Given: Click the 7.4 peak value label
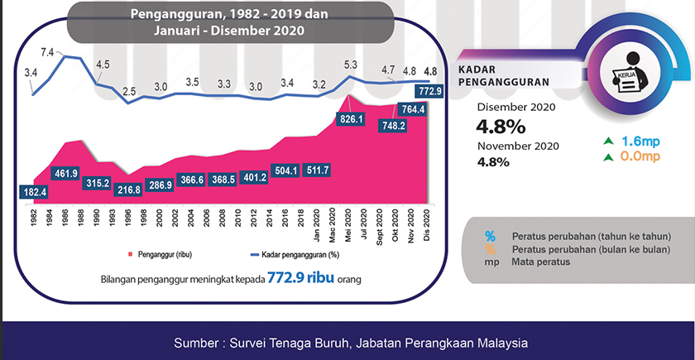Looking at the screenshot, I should [47, 53].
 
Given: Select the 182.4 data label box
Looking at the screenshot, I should [34, 192].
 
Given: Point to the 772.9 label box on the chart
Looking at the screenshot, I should [431, 89].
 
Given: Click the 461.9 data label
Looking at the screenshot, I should [65, 174].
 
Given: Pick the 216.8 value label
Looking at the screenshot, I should [129, 190].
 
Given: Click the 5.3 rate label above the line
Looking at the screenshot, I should [350, 64].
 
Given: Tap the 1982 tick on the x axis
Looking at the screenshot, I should [34, 219].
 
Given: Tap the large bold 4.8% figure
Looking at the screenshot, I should [501, 127].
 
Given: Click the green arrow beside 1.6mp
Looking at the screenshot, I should [608, 141].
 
